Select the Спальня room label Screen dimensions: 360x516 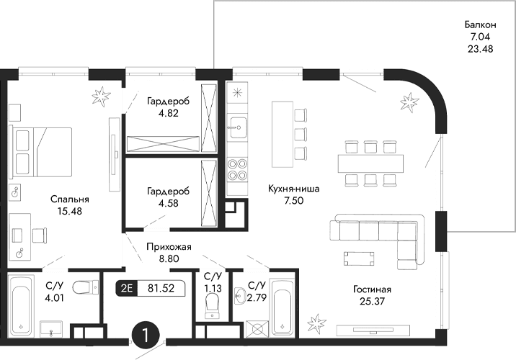point(69,199)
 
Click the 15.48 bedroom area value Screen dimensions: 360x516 point(69,211)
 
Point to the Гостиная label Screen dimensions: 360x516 point(371,289)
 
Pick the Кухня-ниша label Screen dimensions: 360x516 point(291,189)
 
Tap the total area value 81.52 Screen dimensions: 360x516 point(161,289)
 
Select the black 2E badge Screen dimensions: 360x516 point(127,289)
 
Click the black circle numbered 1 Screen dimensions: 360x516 point(146,336)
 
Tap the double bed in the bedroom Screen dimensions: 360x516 point(42,151)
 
